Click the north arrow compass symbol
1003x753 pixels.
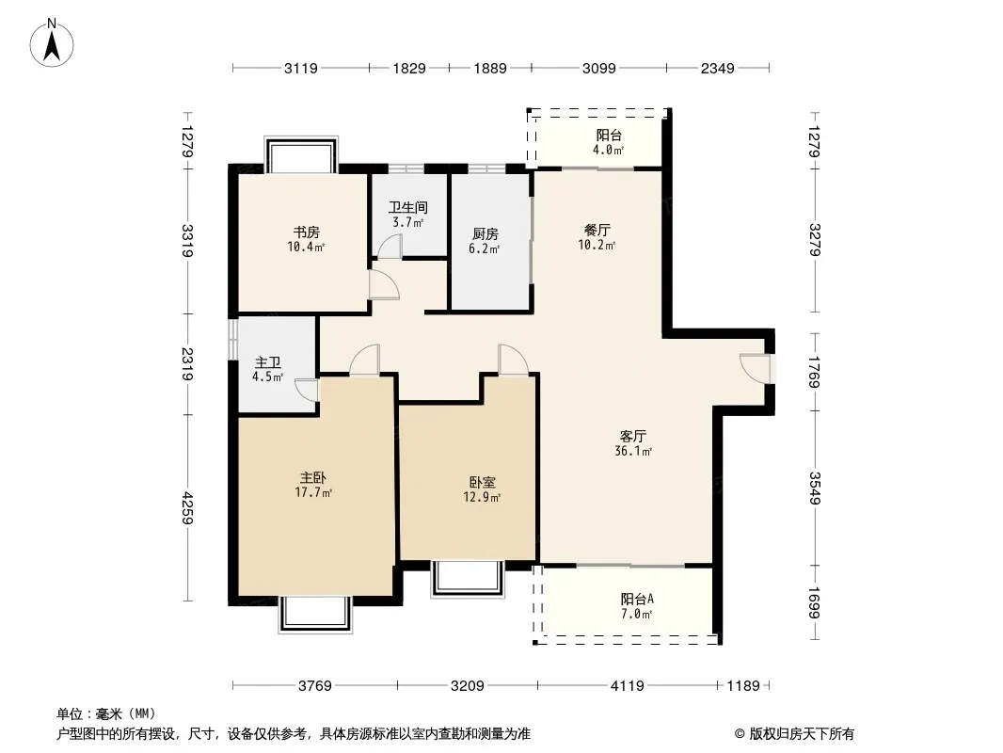point(52,43)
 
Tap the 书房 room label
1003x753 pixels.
point(307,232)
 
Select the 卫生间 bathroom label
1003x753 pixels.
point(408,207)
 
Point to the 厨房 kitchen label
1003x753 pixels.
point(485,234)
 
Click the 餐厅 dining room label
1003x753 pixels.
point(597,231)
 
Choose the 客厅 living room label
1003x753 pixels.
point(632,437)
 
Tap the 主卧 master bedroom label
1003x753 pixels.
point(313,478)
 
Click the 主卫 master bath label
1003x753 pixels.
point(268,362)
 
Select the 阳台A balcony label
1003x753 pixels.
point(637,600)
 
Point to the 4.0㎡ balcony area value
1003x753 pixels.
point(608,151)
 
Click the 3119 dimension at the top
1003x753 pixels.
point(301,68)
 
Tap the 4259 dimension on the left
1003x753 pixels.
point(187,508)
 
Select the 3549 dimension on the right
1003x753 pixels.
point(814,489)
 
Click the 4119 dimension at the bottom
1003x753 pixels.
point(628,686)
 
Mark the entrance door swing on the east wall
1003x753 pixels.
point(754,369)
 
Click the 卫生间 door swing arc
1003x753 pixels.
point(390,247)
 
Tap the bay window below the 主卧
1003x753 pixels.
point(315,615)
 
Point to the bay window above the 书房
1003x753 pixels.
point(301,154)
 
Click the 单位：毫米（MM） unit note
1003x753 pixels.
point(106,714)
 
